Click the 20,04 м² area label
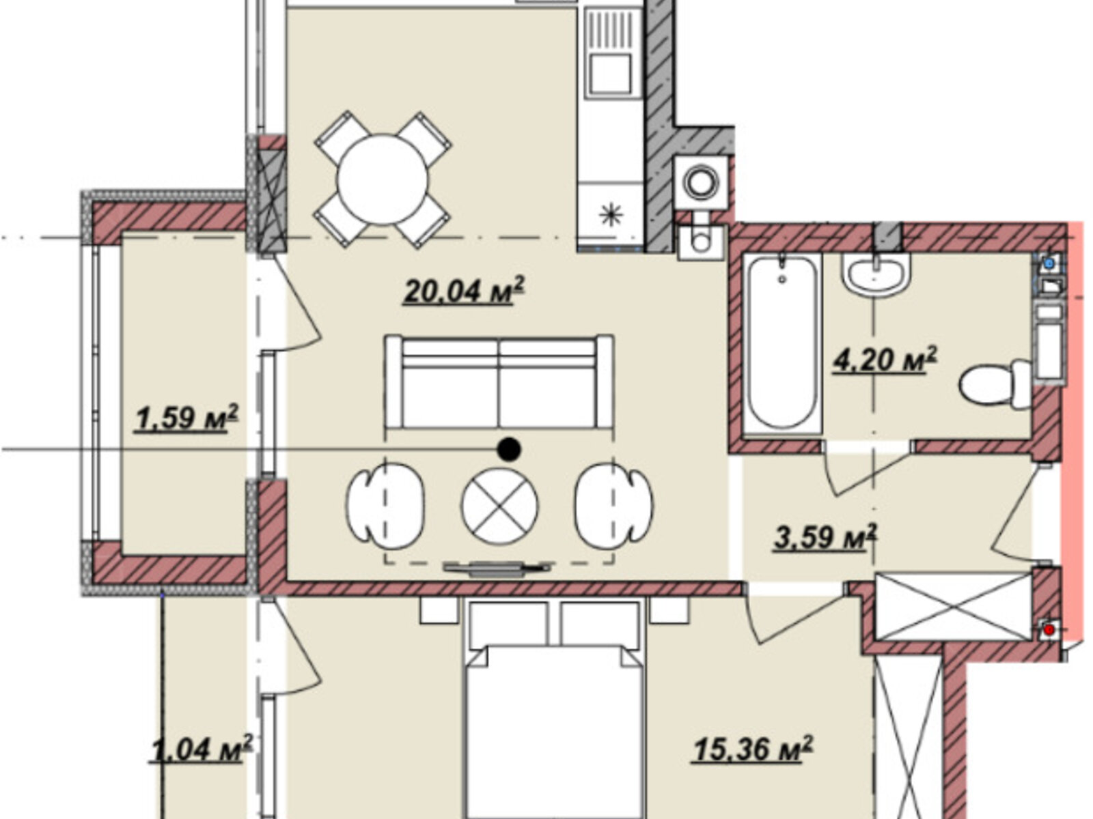(x=464, y=291)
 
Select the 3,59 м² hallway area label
(x=825, y=537)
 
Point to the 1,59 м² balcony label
(x=186, y=418)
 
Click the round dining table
(x=383, y=179)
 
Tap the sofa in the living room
(x=499, y=382)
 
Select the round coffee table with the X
(x=499, y=506)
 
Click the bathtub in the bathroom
(x=781, y=343)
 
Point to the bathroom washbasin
(x=876, y=274)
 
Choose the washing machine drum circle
(x=701, y=182)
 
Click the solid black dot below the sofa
(x=509, y=450)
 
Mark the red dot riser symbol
(x=1049, y=631)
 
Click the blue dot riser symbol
(x=1049, y=263)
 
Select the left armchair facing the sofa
(x=385, y=506)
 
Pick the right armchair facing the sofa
(x=613, y=506)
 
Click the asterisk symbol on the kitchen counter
(x=611, y=215)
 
